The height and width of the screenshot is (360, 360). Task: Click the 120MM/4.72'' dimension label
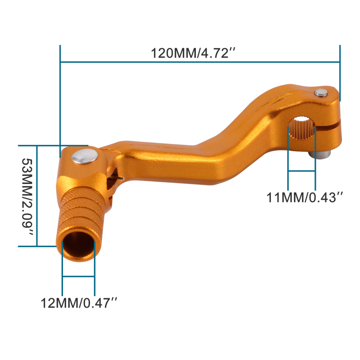[x=193, y=53]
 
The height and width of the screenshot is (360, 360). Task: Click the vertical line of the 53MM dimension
[x=38, y=196]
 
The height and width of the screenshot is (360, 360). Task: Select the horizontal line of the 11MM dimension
[x=301, y=171]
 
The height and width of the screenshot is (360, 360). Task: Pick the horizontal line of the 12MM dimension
[x=79, y=276]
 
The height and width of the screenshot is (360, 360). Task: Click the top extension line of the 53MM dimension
[x=45, y=146]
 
